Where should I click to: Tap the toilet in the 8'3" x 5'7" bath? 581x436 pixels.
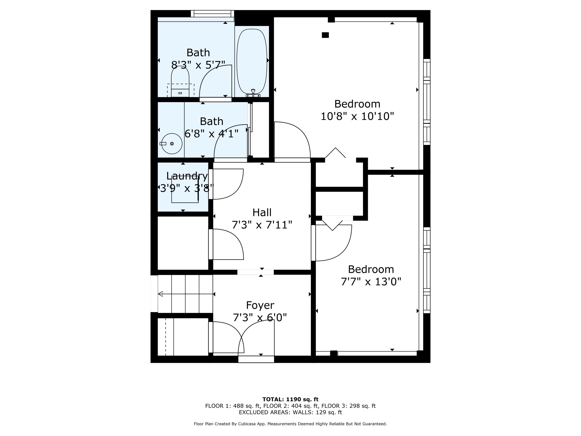click(x=180, y=81)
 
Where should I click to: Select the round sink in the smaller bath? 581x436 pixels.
click(x=172, y=144)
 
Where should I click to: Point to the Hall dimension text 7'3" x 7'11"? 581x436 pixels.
click(x=262, y=225)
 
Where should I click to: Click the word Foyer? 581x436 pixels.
click(x=260, y=305)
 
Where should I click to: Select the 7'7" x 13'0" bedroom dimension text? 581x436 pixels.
click(x=371, y=282)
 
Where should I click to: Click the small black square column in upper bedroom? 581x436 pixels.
click(x=325, y=35)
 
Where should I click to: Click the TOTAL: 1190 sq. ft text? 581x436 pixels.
click(x=290, y=399)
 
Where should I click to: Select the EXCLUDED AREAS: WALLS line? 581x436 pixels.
click(x=290, y=412)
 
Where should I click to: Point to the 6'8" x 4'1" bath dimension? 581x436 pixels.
click(x=211, y=134)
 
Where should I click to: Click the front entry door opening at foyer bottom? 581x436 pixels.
click(x=256, y=359)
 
